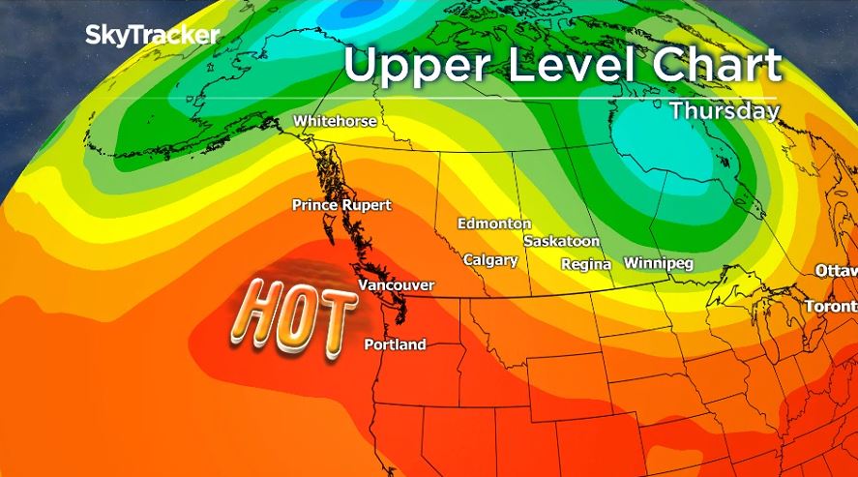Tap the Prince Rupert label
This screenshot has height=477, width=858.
(341, 205)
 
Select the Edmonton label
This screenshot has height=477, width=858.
(494, 224)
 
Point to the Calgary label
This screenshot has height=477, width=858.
(490, 260)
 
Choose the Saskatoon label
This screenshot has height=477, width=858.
(561, 241)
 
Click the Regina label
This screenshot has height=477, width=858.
(586, 264)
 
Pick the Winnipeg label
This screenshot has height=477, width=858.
(659, 263)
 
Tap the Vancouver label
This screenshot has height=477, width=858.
(396, 285)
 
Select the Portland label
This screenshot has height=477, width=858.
(395, 345)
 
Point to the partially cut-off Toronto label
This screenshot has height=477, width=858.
(831, 307)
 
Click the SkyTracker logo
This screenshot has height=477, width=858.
(153, 36)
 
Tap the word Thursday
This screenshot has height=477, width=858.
(725, 110)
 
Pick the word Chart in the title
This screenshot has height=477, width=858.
(717, 65)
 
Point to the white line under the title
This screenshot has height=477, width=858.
(561, 97)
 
